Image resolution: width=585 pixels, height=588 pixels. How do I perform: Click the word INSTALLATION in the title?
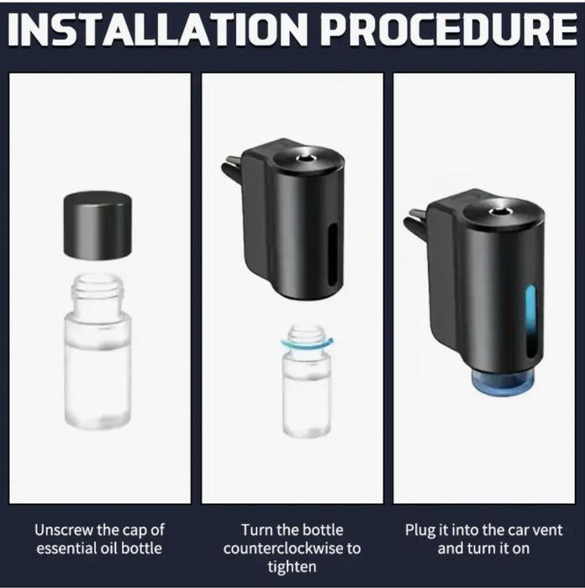(157, 29)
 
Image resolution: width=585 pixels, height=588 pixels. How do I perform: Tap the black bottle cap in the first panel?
(97, 225)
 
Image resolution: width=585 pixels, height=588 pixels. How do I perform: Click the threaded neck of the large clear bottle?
(97, 290)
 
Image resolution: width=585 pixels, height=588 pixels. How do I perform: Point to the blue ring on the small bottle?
(307, 343)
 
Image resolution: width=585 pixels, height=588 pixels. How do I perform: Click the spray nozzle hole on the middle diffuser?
(304, 159)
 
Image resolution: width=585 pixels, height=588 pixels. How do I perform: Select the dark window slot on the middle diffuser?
(332, 255)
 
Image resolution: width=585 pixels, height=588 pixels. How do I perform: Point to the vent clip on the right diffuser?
(415, 222)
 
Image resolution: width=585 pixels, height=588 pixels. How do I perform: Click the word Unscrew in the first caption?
(64, 530)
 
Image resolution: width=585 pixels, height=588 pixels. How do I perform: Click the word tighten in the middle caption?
(292, 567)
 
